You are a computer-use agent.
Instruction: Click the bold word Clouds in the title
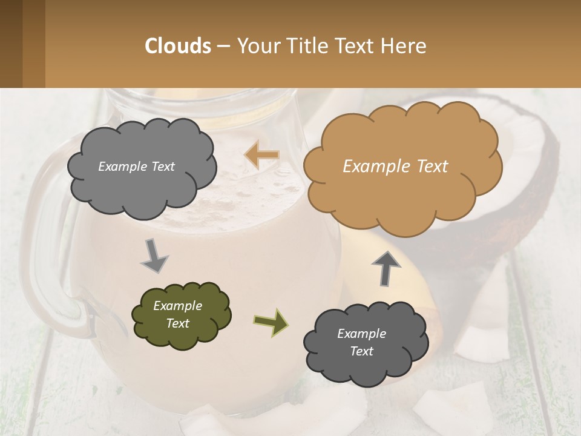pos(177,46)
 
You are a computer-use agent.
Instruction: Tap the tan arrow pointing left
pos(261,156)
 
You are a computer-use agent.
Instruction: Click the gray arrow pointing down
pos(154,256)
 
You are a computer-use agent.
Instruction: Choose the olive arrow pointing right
pos(271,322)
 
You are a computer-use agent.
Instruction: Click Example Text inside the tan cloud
pos(395,167)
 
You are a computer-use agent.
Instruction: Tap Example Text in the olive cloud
pos(177,315)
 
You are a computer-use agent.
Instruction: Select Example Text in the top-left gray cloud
pos(136,167)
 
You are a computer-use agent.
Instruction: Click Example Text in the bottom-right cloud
pos(361,342)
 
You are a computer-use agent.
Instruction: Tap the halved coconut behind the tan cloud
pos(533,176)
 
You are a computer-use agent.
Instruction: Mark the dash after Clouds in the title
pos(222,46)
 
